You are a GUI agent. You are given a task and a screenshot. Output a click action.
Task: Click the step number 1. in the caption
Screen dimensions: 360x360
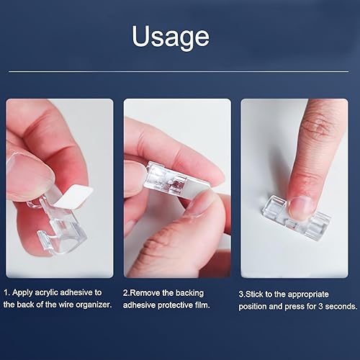[x=7, y=292]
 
